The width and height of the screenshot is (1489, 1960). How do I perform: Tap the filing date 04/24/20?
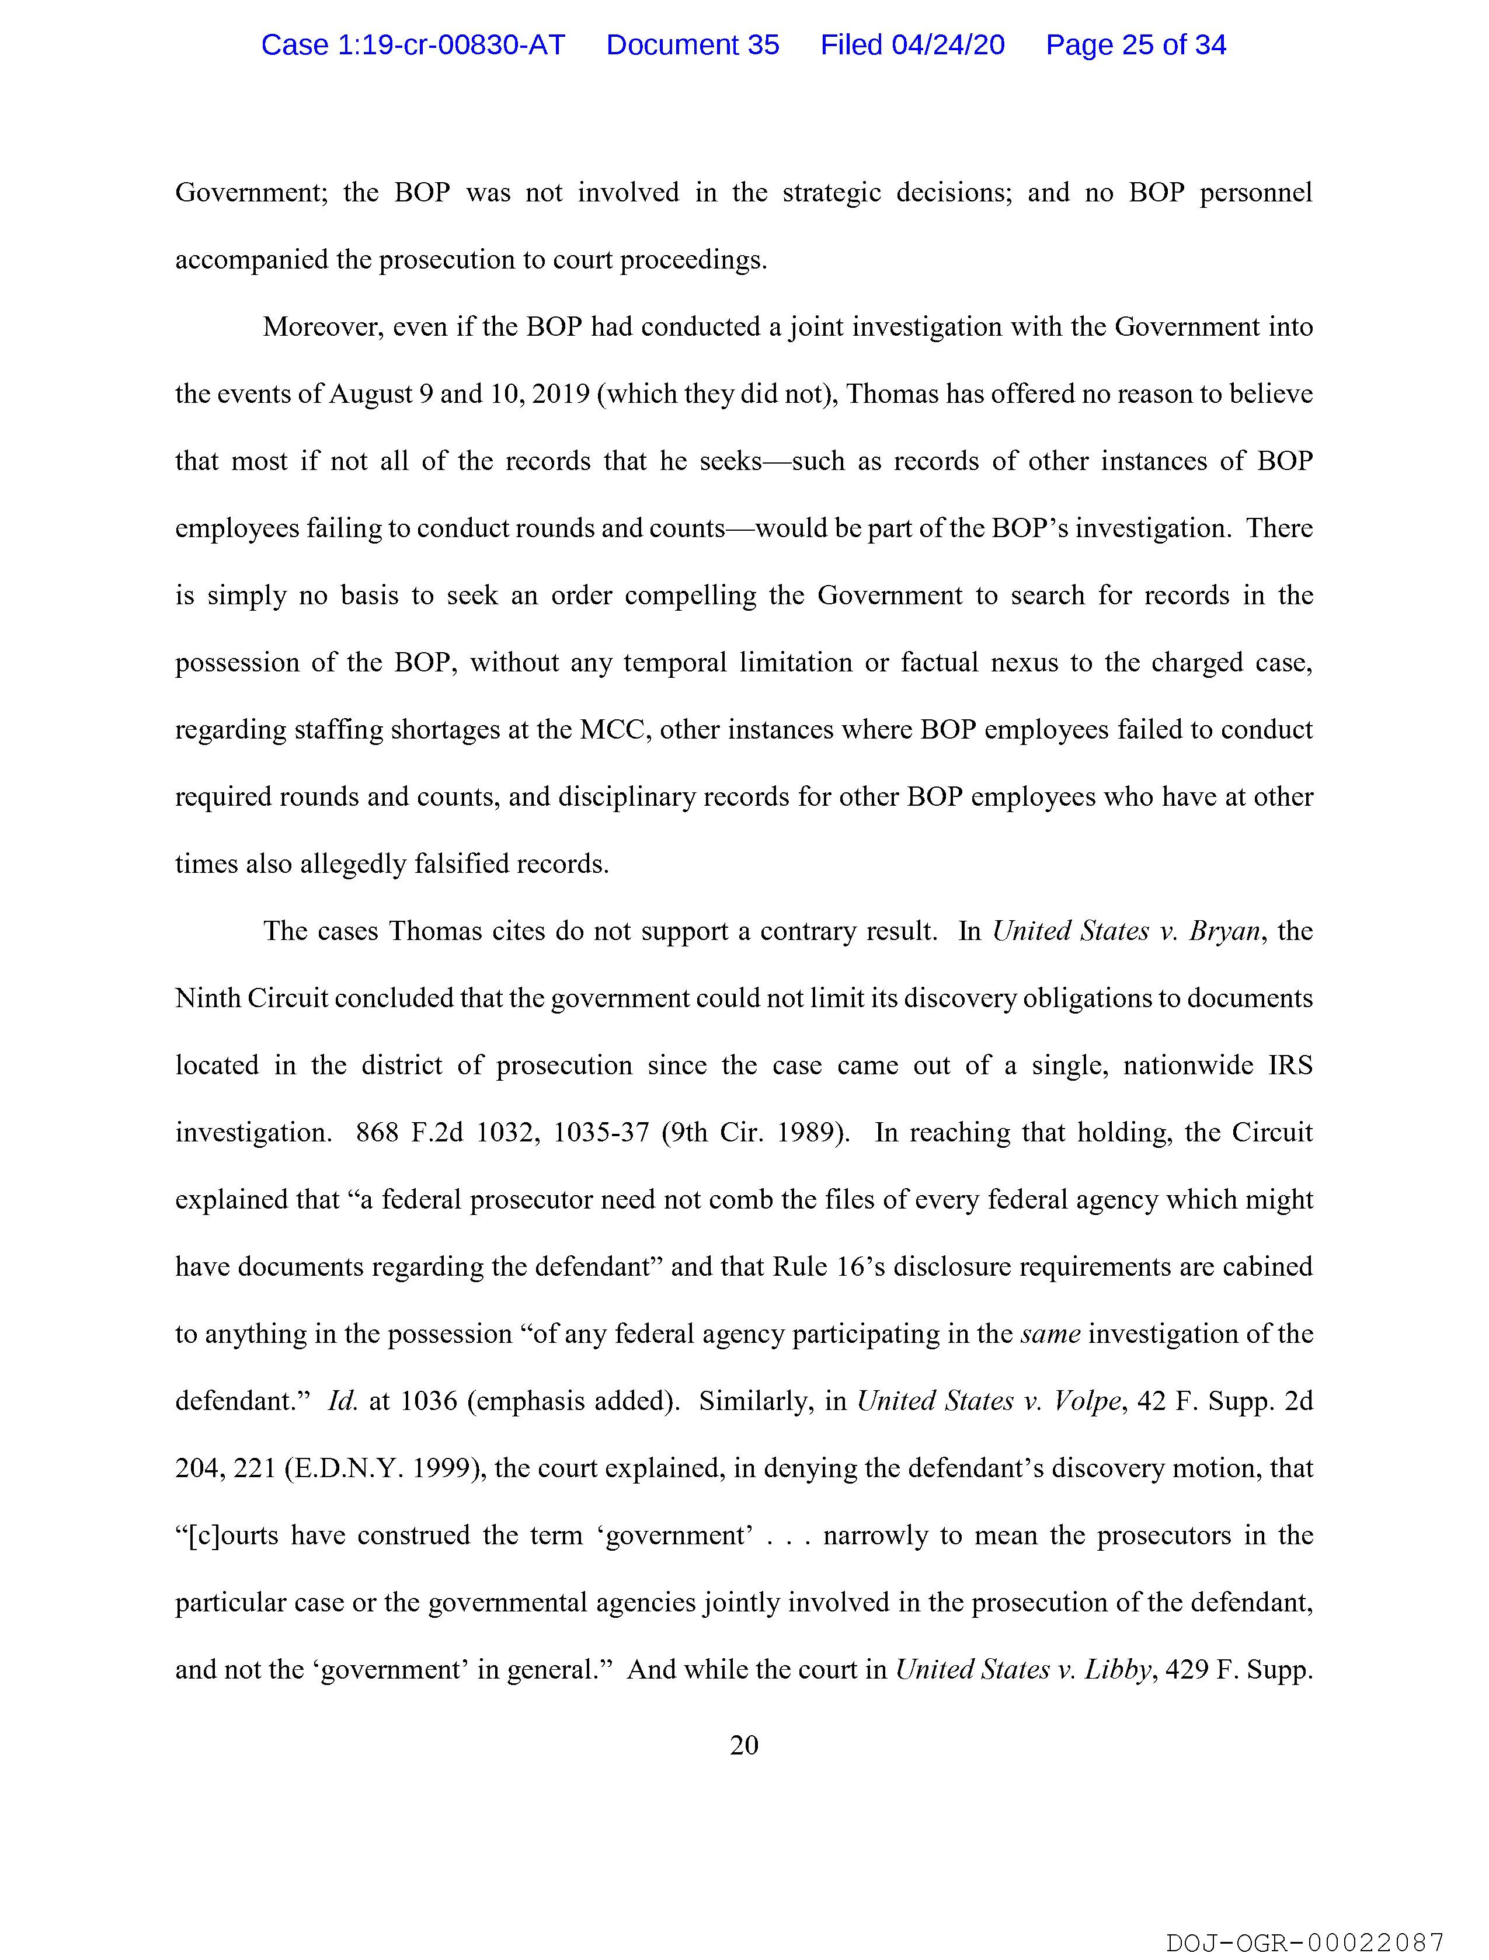click(x=948, y=45)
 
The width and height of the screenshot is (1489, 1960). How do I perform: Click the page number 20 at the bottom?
click(x=743, y=1745)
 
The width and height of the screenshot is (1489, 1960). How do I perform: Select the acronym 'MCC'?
click(x=611, y=730)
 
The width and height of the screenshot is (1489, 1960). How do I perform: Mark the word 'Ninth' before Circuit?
click(x=207, y=998)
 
